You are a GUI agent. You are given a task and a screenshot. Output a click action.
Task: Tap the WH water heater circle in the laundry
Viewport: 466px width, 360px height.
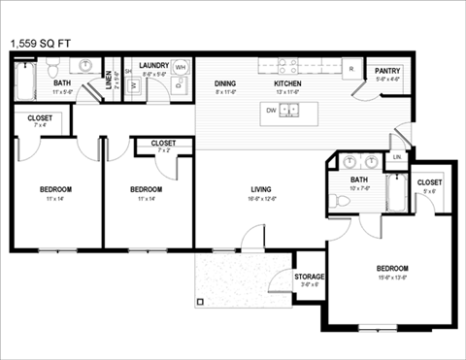181,82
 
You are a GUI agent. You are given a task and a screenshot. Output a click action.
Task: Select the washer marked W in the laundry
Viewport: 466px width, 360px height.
134,86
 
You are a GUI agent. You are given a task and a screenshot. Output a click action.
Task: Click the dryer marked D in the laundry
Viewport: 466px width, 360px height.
180,98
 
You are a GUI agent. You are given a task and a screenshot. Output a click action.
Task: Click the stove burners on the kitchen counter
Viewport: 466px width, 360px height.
289,66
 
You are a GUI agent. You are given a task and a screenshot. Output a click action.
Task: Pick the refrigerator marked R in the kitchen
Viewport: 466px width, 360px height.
351,70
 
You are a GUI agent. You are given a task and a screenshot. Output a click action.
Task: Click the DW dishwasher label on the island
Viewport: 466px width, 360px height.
272,111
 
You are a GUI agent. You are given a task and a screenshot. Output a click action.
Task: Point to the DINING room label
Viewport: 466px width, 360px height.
225,84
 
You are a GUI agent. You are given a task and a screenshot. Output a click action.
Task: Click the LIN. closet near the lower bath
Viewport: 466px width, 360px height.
396,157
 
